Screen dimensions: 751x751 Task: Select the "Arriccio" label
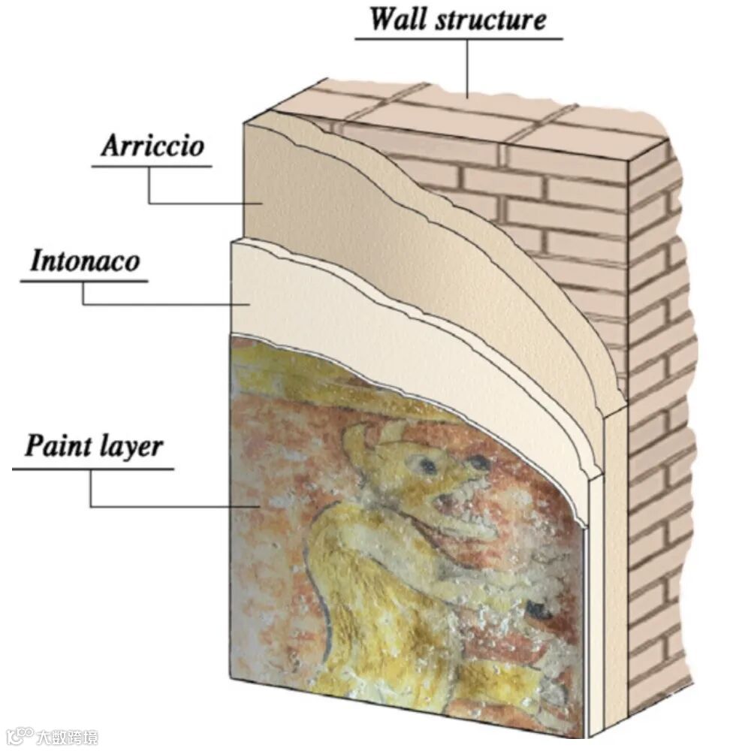click(x=152, y=146)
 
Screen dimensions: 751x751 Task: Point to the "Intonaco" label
click(x=85, y=261)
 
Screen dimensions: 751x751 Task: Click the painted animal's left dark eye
click(x=428, y=466)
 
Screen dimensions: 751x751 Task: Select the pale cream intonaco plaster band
click(x=315, y=300)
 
